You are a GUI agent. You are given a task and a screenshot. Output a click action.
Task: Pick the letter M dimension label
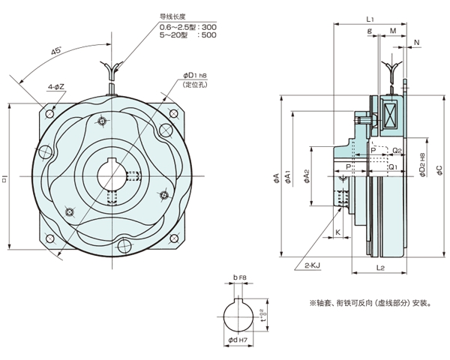[393, 32]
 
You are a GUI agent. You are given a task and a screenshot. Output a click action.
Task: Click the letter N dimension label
[416, 43]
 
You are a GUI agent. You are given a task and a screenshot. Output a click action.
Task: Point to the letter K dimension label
[338, 233]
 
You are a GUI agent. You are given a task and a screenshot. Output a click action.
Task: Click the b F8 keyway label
[240, 278]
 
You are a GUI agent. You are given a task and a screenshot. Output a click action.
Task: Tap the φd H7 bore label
[239, 346]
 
